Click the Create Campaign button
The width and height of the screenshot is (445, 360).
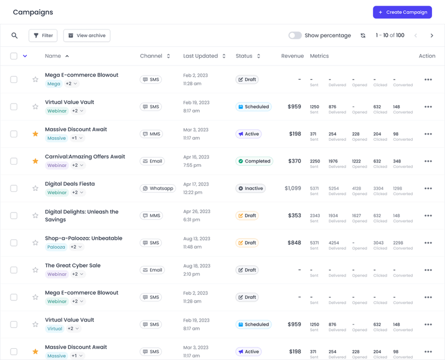[x=402, y=12]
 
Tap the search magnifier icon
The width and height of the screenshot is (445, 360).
[x=14, y=36]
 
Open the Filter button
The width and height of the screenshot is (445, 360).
[x=43, y=36]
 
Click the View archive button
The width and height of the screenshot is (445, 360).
[x=86, y=36]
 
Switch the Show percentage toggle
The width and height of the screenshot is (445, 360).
[x=295, y=36]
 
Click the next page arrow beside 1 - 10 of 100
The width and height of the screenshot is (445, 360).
[x=432, y=36]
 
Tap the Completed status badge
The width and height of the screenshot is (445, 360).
[x=254, y=161]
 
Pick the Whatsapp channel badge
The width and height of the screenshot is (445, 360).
[x=157, y=189]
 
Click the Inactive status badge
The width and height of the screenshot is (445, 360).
[x=250, y=189]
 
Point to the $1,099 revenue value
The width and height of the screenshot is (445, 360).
[x=293, y=189]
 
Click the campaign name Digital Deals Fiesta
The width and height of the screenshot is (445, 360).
[x=70, y=184]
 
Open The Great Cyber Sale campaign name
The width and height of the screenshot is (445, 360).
[x=73, y=265]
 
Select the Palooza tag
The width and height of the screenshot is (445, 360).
[x=56, y=247]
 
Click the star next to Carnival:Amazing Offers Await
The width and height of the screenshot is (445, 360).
[x=36, y=161]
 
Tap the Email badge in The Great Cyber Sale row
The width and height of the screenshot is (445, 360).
[x=152, y=270]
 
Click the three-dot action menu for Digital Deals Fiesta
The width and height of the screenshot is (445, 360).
[x=428, y=189]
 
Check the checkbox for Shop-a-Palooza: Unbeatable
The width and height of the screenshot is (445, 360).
[x=14, y=243]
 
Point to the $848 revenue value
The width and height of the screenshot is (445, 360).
[x=294, y=243]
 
